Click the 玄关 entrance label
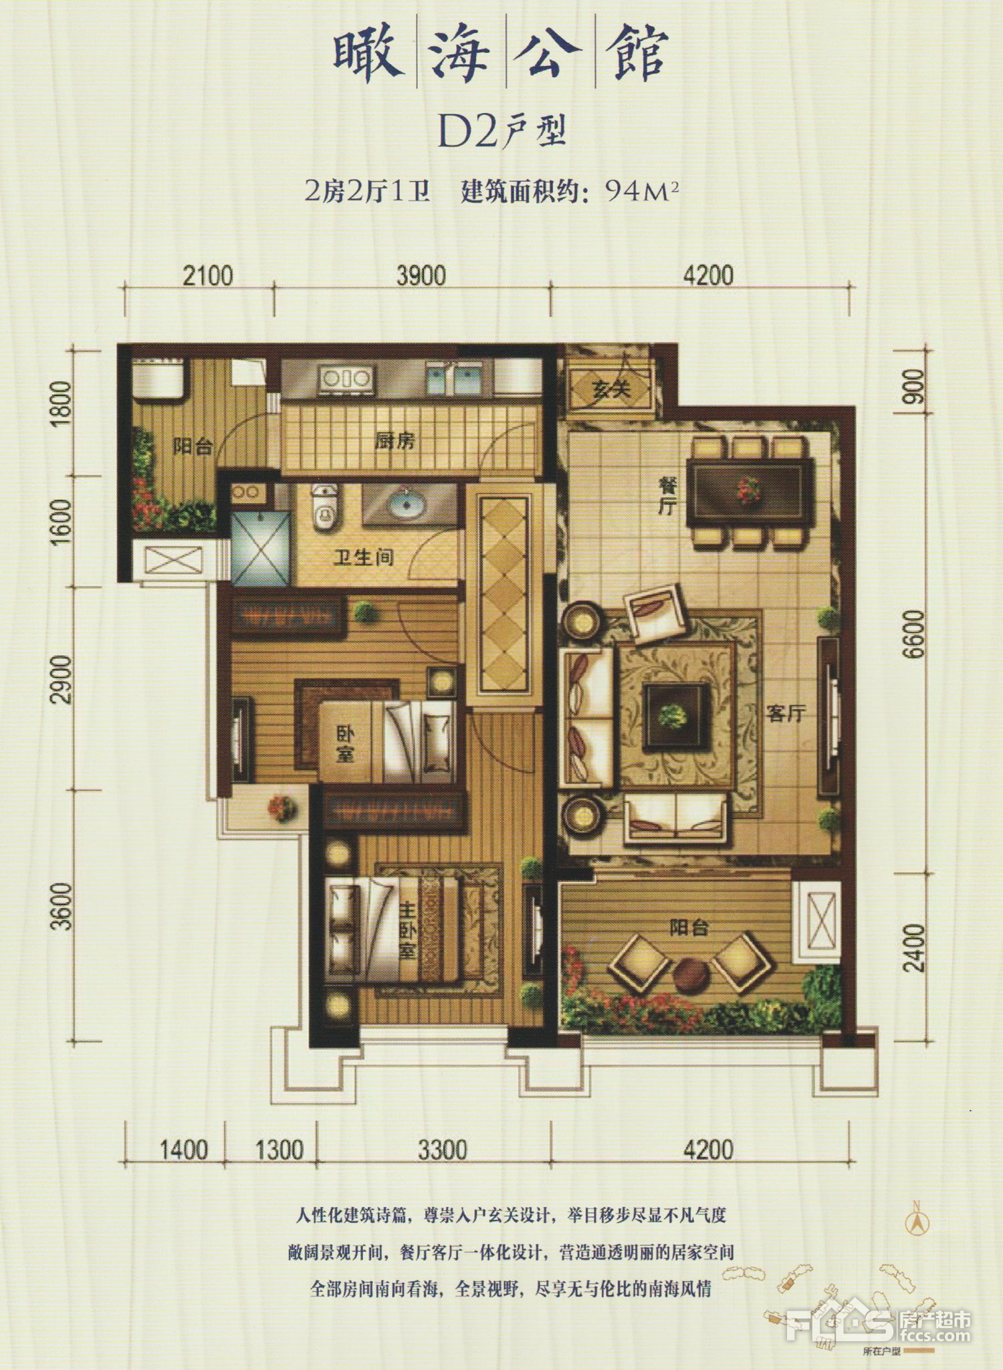tap(611, 388)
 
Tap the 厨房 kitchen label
tap(395, 440)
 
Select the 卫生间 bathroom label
tap(364, 556)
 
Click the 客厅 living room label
tap(785, 713)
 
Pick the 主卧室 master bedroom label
tap(407, 932)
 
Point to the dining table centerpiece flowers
tap(748, 490)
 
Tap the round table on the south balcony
tap(691, 976)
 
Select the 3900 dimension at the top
tap(421, 275)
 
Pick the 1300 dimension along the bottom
tap(280, 1149)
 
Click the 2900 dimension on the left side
tap(62, 679)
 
